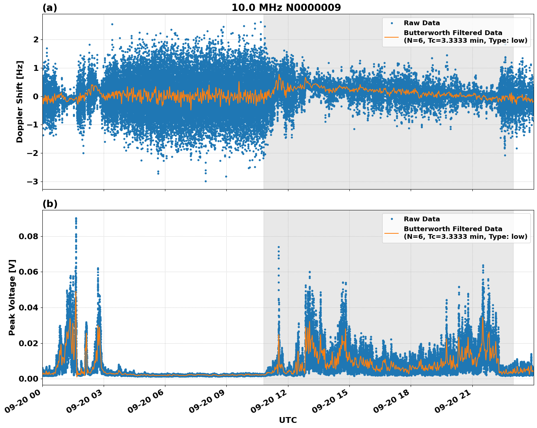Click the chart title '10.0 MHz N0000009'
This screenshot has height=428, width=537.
(286, 8)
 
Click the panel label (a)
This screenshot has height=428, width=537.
(50, 8)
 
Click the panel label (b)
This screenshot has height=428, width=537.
(50, 204)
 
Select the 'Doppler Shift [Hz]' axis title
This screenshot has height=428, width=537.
(20, 102)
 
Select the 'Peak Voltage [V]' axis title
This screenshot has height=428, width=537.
(12, 297)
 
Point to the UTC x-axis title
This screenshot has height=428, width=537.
(288, 420)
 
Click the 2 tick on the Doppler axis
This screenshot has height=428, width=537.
(36, 39)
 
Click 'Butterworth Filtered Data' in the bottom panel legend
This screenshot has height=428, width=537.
(453, 229)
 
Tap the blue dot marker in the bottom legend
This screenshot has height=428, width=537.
(392, 219)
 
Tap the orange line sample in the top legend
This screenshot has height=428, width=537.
(392, 37)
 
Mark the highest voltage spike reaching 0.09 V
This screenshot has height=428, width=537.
(76, 218)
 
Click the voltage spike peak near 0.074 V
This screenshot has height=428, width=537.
(279, 247)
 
